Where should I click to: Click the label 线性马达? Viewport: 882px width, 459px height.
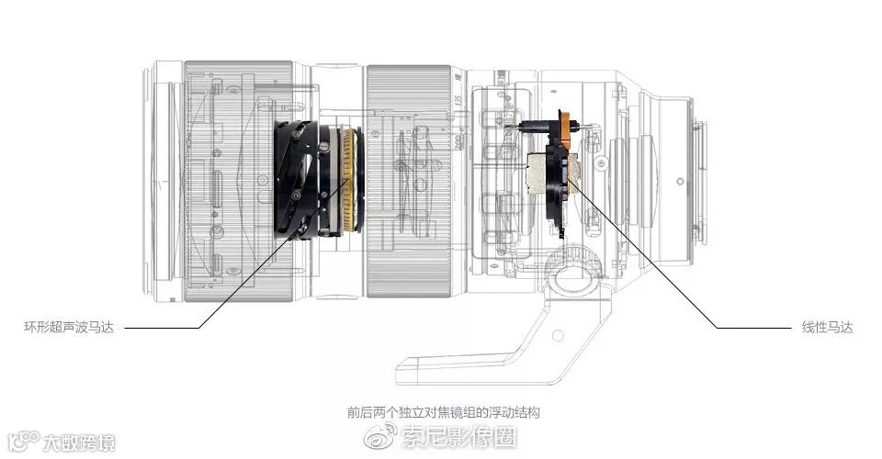click(x=827, y=328)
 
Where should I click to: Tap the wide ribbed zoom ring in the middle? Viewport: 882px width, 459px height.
click(x=408, y=179)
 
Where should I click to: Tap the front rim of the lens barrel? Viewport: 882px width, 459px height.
click(x=152, y=174)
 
